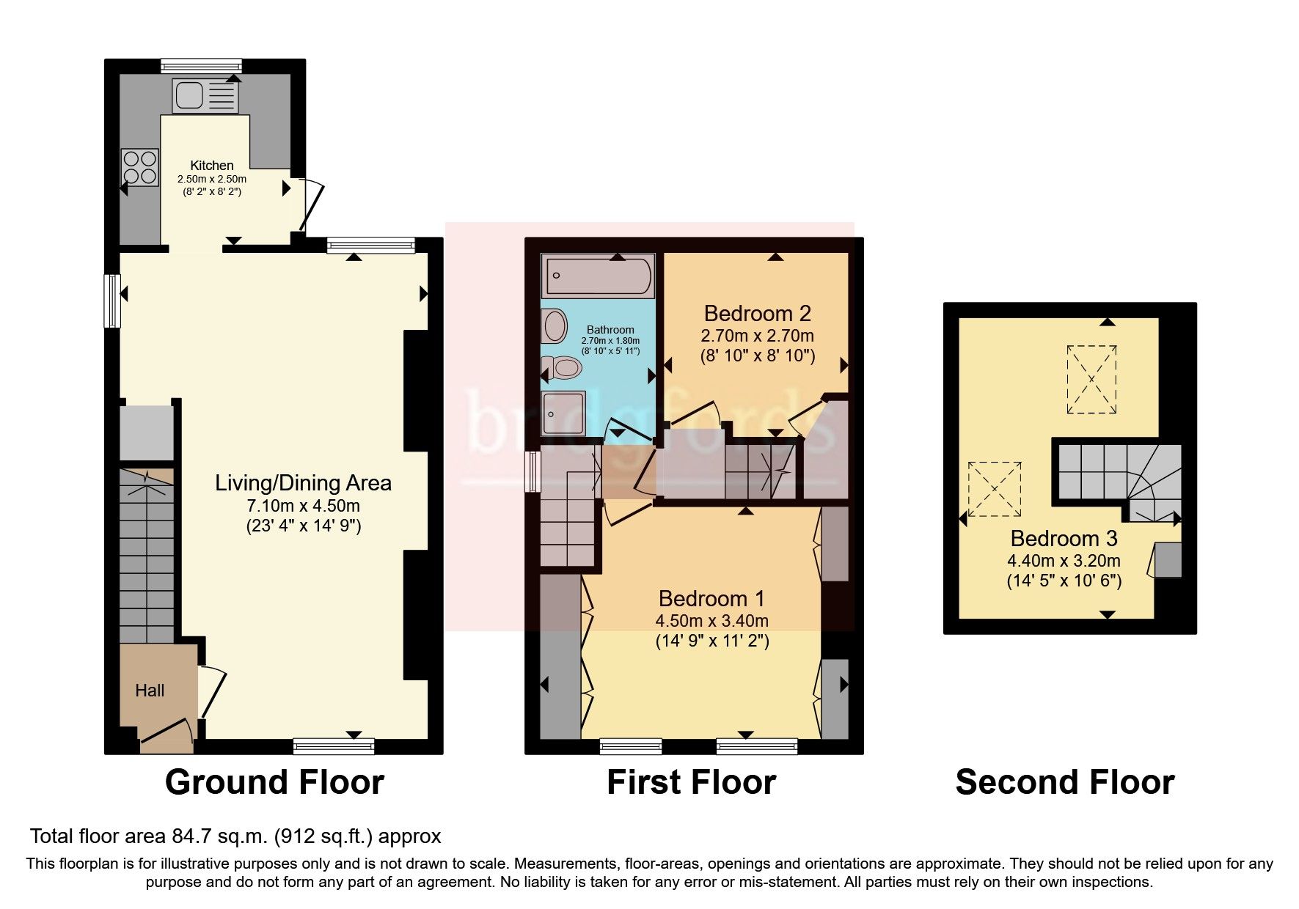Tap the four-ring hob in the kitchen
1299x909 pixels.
140,167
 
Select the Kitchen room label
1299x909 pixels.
212,166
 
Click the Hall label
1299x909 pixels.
150,691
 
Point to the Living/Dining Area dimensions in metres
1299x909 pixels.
303,506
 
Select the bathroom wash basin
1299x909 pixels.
555,325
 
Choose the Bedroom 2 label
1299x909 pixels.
757,314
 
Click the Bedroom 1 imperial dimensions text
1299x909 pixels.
711,641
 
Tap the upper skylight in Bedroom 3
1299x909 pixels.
1091,380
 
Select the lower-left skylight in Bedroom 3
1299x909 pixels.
994,489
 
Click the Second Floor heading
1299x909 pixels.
1064,782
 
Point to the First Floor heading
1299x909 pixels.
691,782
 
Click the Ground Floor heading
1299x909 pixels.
274,782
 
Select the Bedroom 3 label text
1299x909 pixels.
1064,539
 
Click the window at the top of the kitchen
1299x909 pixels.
201,65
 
